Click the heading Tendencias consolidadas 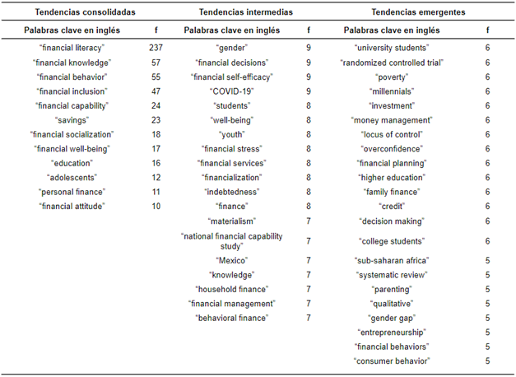click(86, 12)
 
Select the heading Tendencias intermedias click(246, 12)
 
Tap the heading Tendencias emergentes click(418, 12)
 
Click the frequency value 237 click(156, 48)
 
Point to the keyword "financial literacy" click(72, 48)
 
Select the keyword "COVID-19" click(232, 91)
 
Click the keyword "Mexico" click(232, 260)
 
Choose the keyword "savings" click(72, 120)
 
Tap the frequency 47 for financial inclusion click(156, 91)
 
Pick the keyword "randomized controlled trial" click(392, 63)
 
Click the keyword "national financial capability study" click(232, 241)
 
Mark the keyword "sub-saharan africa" click(392, 260)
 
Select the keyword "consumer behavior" click(392, 361)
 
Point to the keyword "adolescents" click(72, 178)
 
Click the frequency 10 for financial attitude click(156, 206)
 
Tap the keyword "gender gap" click(392, 318)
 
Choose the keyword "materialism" click(232, 221)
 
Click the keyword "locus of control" click(392, 134)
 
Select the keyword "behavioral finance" click(232, 318)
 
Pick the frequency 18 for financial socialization click(156, 134)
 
